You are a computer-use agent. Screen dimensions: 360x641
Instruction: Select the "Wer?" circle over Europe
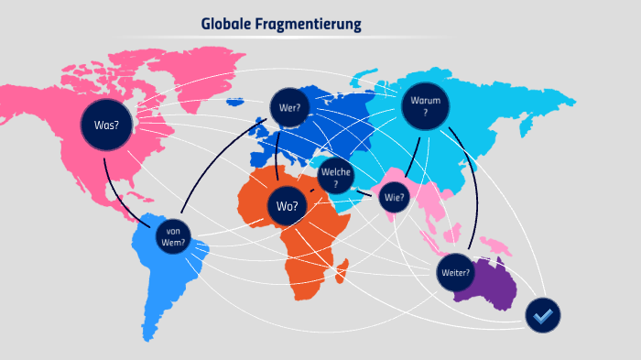click(290, 107)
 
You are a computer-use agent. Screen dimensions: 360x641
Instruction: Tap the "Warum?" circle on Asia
click(425, 105)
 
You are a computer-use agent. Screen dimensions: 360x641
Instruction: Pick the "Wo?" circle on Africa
click(288, 205)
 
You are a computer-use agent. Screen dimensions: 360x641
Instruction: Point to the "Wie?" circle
click(395, 197)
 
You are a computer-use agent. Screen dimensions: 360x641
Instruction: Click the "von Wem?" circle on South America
click(174, 237)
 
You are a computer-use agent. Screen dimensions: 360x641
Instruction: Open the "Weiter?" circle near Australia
click(455, 272)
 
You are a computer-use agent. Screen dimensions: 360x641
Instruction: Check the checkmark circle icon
click(542, 315)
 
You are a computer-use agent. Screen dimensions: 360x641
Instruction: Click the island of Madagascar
click(343, 269)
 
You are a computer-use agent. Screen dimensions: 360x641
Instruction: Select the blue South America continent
click(165, 275)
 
